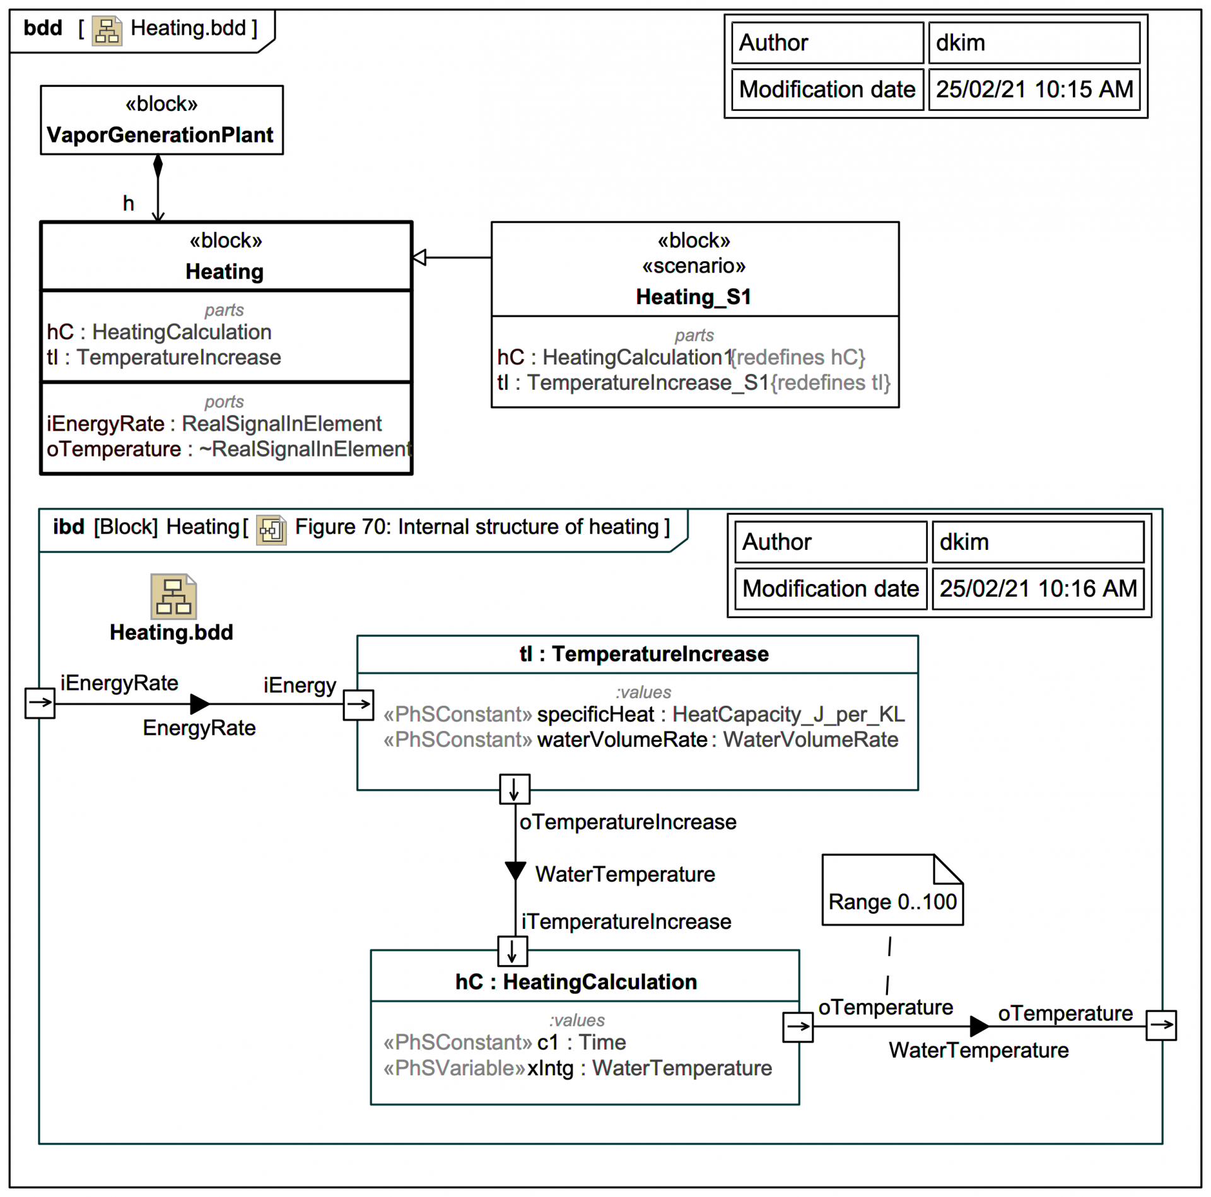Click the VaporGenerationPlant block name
[160, 135]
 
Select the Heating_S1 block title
[693, 297]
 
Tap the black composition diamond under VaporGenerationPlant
[158, 166]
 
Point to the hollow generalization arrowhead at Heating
[419, 257]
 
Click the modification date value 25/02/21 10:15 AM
[1034, 90]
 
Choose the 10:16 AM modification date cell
[1038, 589]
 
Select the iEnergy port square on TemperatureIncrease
[358, 704]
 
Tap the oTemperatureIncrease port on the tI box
[515, 789]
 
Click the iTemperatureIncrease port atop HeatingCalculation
[512, 951]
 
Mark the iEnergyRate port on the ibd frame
[40, 703]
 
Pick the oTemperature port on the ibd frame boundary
[1161, 1025]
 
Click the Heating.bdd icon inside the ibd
[173, 597]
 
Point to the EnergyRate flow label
[199, 728]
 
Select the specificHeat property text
[595, 715]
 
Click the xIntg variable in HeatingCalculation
[551, 1068]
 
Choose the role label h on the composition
[129, 203]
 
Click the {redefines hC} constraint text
[798, 358]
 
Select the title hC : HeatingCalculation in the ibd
[576, 982]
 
